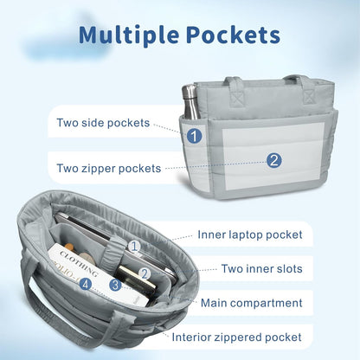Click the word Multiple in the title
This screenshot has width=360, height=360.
tap(129, 35)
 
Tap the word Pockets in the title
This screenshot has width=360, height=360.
tap(234, 35)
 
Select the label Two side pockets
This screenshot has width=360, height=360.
tap(103, 123)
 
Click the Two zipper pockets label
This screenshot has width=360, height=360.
tap(108, 168)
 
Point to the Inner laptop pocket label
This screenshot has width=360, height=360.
tap(250, 235)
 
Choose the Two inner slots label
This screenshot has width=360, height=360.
tap(261, 268)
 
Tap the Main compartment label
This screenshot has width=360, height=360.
tap(251, 303)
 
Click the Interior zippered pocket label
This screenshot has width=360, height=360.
tap(236, 337)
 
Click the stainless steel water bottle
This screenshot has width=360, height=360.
tap(190, 102)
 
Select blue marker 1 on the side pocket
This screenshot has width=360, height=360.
tap(194, 135)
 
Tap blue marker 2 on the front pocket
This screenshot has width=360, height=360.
tap(274, 160)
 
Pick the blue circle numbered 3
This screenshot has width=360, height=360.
tap(115, 285)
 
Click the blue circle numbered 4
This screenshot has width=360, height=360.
tap(86, 284)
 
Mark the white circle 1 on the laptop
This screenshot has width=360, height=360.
tap(134, 247)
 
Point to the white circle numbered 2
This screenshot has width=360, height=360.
tap(145, 273)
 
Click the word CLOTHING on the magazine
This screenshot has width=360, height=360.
tap(78, 263)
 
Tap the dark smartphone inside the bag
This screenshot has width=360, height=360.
tap(136, 280)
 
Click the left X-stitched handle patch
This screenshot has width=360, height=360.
tap(238, 99)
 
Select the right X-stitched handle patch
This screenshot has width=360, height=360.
tap(309, 96)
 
